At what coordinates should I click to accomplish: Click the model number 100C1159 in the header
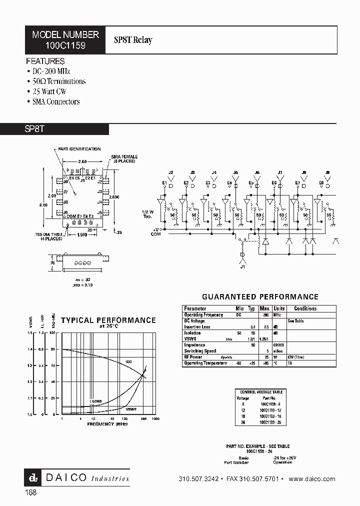click(x=65, y=44)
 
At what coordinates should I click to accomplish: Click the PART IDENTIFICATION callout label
click(x=79, y=149)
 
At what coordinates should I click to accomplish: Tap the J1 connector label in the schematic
click(x=243, y=266)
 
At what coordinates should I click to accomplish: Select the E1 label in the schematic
click(x=164, y=183)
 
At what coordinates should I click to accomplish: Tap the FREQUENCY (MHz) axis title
click(x=107, y=423)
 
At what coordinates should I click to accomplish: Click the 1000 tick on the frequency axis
click(x=155, y=418)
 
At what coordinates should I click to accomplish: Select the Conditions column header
click(x=305, y=308)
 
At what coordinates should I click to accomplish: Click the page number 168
click(x=30, y=492)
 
